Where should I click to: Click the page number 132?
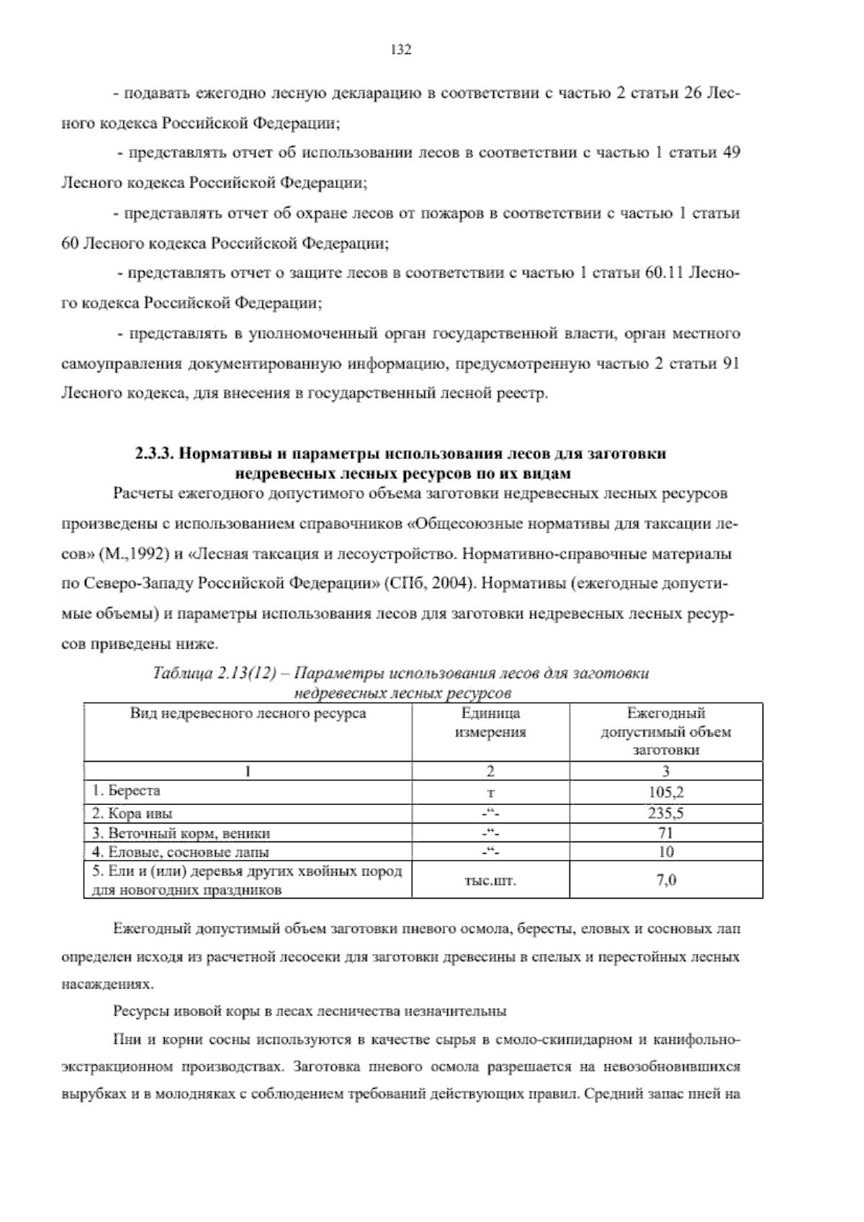[x=400, y=50]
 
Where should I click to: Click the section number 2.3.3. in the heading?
[x=154, y=455]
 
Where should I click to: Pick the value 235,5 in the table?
[x=666, y=813]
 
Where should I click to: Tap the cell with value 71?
[x=666, y=833]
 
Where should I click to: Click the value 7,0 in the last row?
[x=666, y=879]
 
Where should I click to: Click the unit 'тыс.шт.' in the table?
[x=490, y=880]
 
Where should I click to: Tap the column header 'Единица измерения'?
[x=490, y=723]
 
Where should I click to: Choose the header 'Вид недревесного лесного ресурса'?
[x=248, y=713]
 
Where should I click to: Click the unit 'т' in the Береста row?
[x=490, y=793]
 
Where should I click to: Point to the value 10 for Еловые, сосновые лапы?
[x=666, y=852]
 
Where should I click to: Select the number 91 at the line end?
[x=730, y=363]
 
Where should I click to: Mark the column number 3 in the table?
[x=666, y=771]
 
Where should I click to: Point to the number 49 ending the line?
[x=730, y=153]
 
